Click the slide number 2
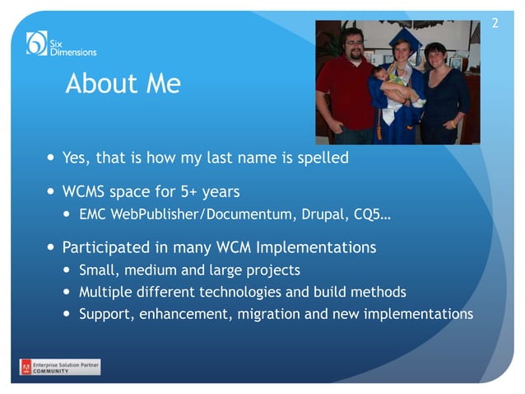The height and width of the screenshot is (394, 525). tap(495, 22)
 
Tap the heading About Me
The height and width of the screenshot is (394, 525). tap(123, 84)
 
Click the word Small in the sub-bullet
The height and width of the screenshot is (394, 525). tap(98, 270)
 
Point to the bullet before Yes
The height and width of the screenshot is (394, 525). tap(52, 157)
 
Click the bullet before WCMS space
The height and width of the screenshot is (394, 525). tap(52, 192)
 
